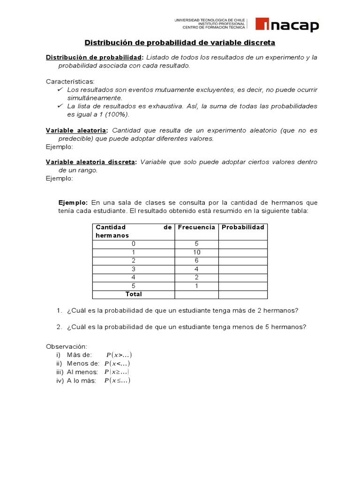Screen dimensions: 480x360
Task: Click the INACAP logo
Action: [287, 24]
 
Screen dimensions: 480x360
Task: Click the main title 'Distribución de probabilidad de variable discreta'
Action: [180, 43]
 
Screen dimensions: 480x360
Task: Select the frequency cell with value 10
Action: [196, 252]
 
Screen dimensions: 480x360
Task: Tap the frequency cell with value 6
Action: [196, 261]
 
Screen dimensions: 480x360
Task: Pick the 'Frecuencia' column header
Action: [196, 227]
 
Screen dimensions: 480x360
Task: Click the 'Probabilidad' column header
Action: [243, 227]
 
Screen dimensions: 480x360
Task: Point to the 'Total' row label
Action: [134, 294]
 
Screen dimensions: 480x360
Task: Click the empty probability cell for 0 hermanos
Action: [243, 244]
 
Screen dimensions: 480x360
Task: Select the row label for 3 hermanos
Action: [134, 269]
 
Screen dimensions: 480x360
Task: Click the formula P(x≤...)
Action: [117, 381]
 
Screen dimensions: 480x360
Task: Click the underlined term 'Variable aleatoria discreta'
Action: [91, 162]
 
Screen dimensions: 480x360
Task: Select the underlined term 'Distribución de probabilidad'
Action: [94, 57]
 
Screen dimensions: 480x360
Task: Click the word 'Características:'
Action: [70, 81]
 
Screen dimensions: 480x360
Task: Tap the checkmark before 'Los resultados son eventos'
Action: [60, 89]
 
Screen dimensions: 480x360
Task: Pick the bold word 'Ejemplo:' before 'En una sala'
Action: [73, 202]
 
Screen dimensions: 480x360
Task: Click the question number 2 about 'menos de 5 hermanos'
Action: [60, 327]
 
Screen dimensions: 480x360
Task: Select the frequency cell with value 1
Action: [196, 286]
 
